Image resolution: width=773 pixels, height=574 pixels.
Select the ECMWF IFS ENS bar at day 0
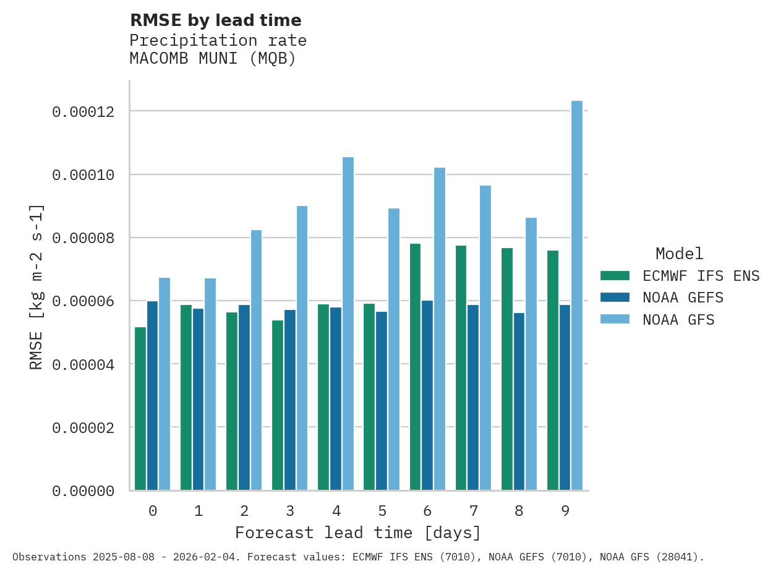[x=140, y=408]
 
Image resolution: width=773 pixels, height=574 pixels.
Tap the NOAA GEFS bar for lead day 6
[x=427, y=395]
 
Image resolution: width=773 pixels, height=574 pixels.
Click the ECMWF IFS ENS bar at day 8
[x=507, y=369]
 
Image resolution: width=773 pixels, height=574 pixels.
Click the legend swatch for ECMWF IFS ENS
[x=615, y=276]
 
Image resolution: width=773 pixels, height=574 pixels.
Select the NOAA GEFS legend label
[x=683, y=298]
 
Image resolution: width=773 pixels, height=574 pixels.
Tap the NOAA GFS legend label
[x=678, y=320]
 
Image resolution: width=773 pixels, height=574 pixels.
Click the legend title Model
[x=679, y=254]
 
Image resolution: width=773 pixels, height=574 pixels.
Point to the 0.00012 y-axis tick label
[x=83, y=112]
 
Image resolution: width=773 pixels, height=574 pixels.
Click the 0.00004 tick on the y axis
[x=83, y=364]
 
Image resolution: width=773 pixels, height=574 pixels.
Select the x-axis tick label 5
[x=382, y=511]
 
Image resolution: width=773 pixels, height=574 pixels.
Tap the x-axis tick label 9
[x=565, y=511]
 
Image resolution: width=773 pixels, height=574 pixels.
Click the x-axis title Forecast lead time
[x=357, y=533]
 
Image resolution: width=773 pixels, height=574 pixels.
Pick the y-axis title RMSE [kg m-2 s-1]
[x=36, y=286]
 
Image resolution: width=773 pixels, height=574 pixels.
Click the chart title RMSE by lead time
[x=215, y=20]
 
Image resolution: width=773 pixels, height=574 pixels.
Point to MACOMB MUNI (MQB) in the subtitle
[x=213, y=59]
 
